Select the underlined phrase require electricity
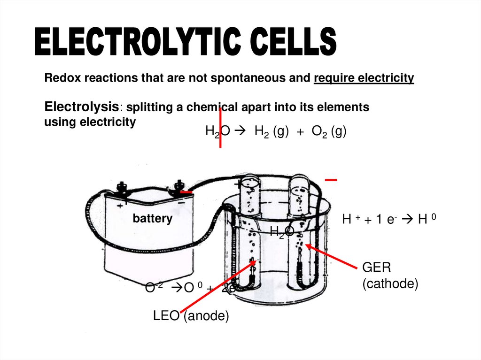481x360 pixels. pos(364,78)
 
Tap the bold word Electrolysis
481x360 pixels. pos(81,107)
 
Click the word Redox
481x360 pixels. pos(59,78)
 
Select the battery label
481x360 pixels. pos(152,219)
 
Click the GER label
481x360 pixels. pos(376,268)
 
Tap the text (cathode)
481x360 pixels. pos(390,284)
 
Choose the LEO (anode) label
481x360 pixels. pos(191,316)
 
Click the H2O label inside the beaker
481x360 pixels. pos(282,231)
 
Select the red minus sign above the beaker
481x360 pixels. pos(331,180)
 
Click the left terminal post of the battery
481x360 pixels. pos(124,187)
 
